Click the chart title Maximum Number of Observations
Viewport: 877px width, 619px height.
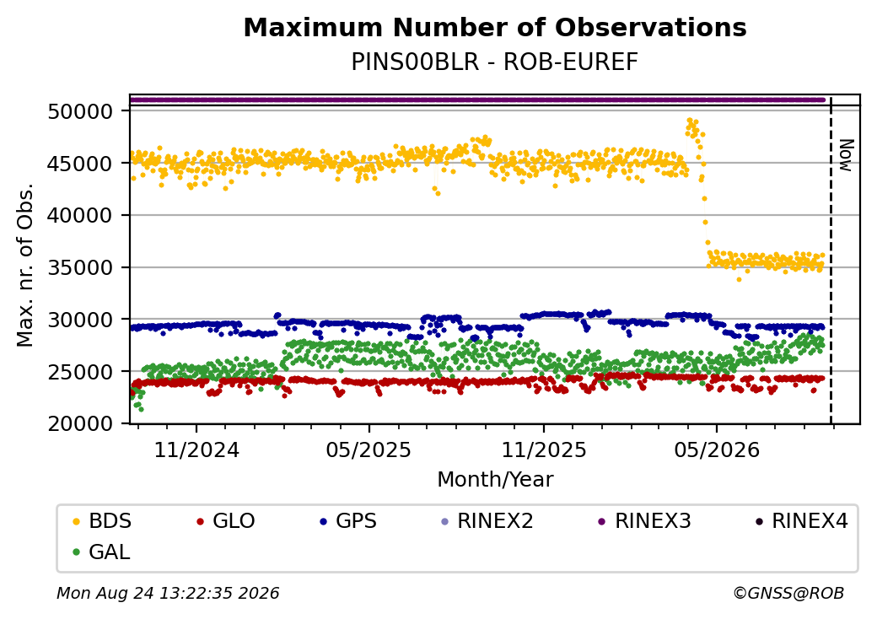pyautogui.click(x=495, y=27)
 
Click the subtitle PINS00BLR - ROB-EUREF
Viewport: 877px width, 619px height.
pyautogui.click(x=494, y=62)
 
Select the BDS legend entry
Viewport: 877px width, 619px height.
pyautogui.click(x=102, y=521)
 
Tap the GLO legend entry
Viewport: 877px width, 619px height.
pyautogui.click(x=226, y=521)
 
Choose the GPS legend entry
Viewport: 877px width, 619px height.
pyautogui.click(x=348, y=521)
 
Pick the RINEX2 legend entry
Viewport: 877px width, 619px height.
pyautogui.click(x=487, y=521)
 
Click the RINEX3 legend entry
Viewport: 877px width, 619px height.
pyautogui.click(x=645, y=521)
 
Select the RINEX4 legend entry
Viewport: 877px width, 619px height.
pyautogui.click(x=802, y=521)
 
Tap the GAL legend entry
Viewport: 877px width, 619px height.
pyautogui.click(x=102, y=552)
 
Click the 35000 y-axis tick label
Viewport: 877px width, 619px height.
pyautogui.click(x=81, y=268)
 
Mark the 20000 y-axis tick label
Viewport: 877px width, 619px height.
pyautogui.click(x=81, y=424)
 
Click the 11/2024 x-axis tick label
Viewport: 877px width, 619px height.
pyautogui.click(x=196, y=450)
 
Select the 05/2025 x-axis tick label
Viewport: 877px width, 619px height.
pyautogui.click(x=369, y=450)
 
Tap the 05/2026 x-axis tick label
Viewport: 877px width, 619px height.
pyautogui.click(x=717, y=450)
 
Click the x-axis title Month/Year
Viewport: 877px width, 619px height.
pyautogui.click(x=495, y=480)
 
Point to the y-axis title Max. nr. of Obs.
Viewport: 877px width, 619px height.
pyautogui.click(x=26, y=265)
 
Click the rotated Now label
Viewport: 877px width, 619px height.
pyautogui.click(x=847, y=155)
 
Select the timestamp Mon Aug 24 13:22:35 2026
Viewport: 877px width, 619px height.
pyautogui.click(x=168, y=593)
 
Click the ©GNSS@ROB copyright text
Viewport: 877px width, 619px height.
pyautogui.click(x=788, y=593)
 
